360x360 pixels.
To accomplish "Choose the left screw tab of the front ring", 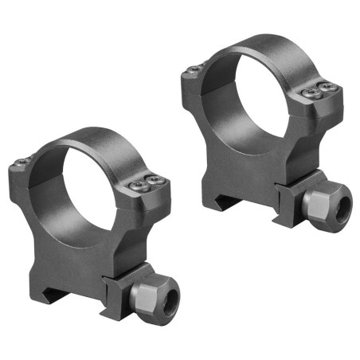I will [x=22, y=170].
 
